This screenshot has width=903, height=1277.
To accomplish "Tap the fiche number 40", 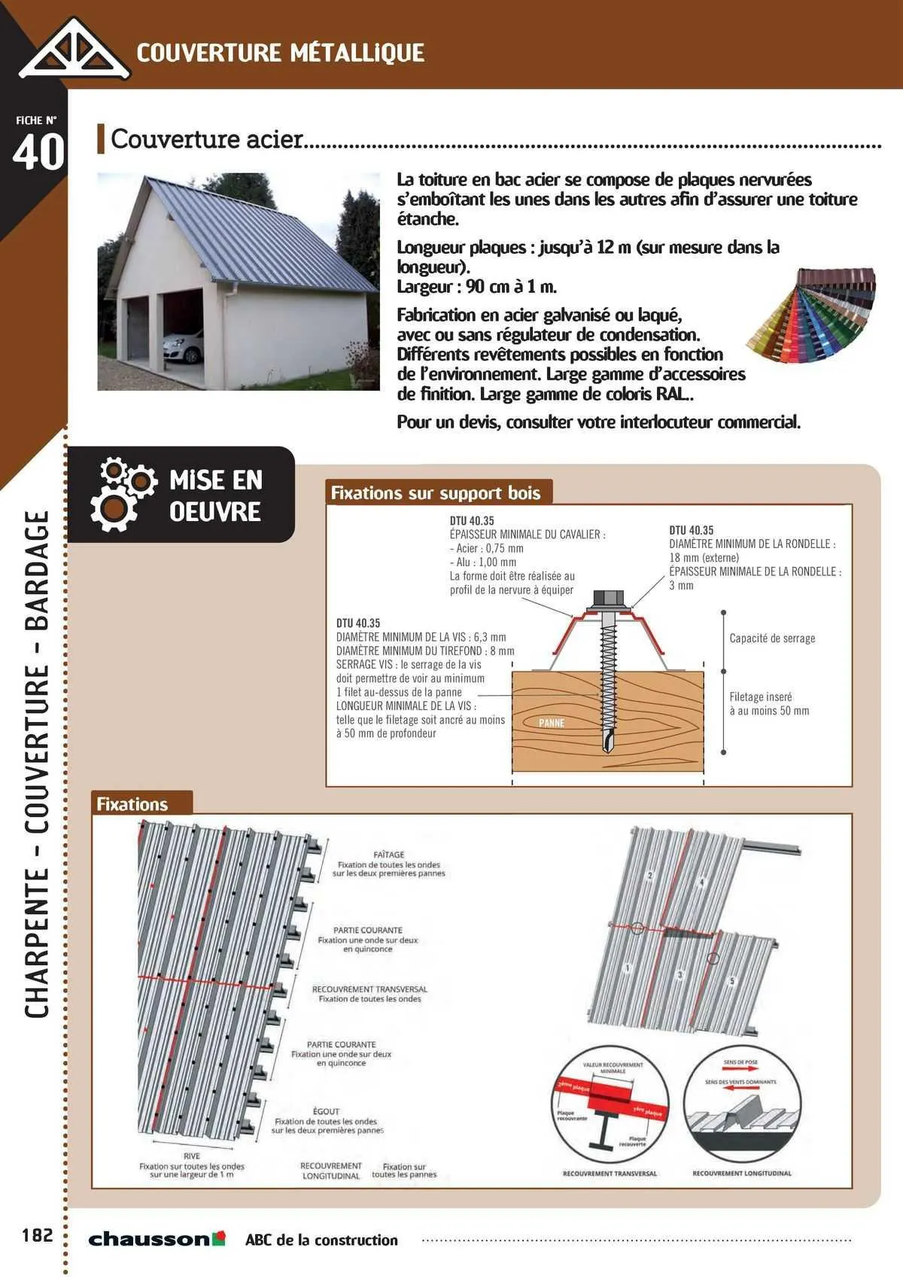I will click(x=38, y=152).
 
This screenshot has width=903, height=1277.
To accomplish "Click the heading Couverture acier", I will click(x=207, y=139).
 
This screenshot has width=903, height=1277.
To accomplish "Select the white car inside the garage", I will click(x=184, y=348).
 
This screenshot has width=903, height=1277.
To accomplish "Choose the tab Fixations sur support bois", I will click(x=436, y=493).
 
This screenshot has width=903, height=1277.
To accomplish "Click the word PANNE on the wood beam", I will click(x=552, y=723).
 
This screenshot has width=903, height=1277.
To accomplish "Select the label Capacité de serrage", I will click(x=772, y=638).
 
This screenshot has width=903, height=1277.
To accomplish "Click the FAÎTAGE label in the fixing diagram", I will click(x=389, y=855).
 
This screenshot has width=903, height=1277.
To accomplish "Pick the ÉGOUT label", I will click(x=326, y=1111).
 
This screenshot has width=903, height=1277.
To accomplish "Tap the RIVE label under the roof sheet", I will click(x=192, y=1156).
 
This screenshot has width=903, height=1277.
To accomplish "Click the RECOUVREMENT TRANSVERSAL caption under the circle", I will click(x=610, y=1173).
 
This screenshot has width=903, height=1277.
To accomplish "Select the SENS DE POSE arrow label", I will click(x=740, y=1062).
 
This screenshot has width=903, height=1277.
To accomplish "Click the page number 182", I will click(x=38, y=1236).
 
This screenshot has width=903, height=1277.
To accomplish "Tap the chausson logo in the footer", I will click(x=157, y=1239).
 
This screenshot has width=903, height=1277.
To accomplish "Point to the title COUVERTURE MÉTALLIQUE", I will click(x=281, y=53).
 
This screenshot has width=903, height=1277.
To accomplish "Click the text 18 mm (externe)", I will click(x=704, y=558).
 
